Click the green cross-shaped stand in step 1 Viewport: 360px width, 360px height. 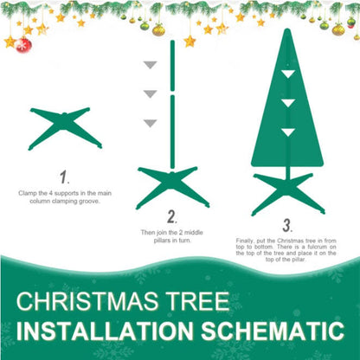[65, 126]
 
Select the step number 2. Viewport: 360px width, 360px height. [171, 216]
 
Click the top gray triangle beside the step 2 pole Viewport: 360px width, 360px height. [151, 65]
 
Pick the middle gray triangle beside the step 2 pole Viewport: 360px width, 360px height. [151, 93]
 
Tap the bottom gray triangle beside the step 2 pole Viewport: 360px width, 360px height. [151, 122]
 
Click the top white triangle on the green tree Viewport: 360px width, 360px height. [286, 76]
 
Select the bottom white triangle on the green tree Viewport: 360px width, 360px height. [286, 132]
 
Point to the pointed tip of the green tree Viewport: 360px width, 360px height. [286, 31]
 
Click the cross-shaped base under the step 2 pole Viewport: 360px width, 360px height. [172, 184]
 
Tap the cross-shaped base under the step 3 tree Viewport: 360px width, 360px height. [287, 192]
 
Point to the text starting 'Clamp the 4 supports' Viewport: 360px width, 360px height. [64, 196]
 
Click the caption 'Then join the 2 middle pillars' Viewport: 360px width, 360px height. [172, 235]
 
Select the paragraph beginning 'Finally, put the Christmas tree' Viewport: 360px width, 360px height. [286, 251]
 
